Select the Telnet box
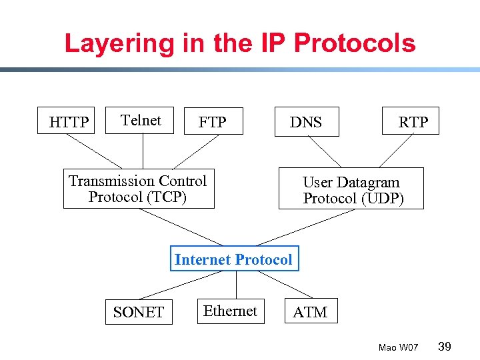(x=140, y=121)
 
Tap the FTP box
(x=212, y=121)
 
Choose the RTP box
(x=411, y=121)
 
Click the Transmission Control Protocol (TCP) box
(x=139, y=189)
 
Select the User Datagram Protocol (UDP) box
(x=351, y=189)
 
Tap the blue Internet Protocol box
(x=233, y=259)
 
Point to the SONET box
(x=139, y=311)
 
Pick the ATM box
(x=311, y=311)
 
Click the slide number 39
(x=445, y=346)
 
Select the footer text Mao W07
(x=398, y=347)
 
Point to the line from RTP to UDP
(x=397, y=150)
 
